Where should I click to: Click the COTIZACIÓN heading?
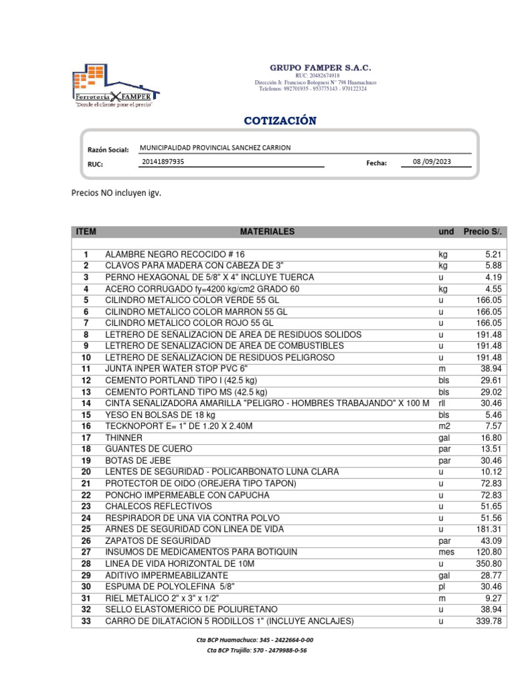(x=280, y=121)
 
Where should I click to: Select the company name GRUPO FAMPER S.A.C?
(x=320, y=68)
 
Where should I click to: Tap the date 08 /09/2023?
(x=432, y=161)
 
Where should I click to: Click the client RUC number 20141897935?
(x=164, y=161)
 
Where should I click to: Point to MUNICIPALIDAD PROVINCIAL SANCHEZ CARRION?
(x=215, y=148)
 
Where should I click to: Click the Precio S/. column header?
(x=482, y=231)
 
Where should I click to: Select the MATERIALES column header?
(x=267, y=231)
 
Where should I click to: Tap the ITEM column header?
(x=86, y=231)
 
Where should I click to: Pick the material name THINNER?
(x=124, y=437)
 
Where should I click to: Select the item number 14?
(x=86, y=403)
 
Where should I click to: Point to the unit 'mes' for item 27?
(x=446, y=552)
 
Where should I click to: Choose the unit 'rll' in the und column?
(x=442, y=403)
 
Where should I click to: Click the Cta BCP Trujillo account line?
(x=257, y=650)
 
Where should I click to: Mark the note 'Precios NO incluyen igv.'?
(x=116, y=193)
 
